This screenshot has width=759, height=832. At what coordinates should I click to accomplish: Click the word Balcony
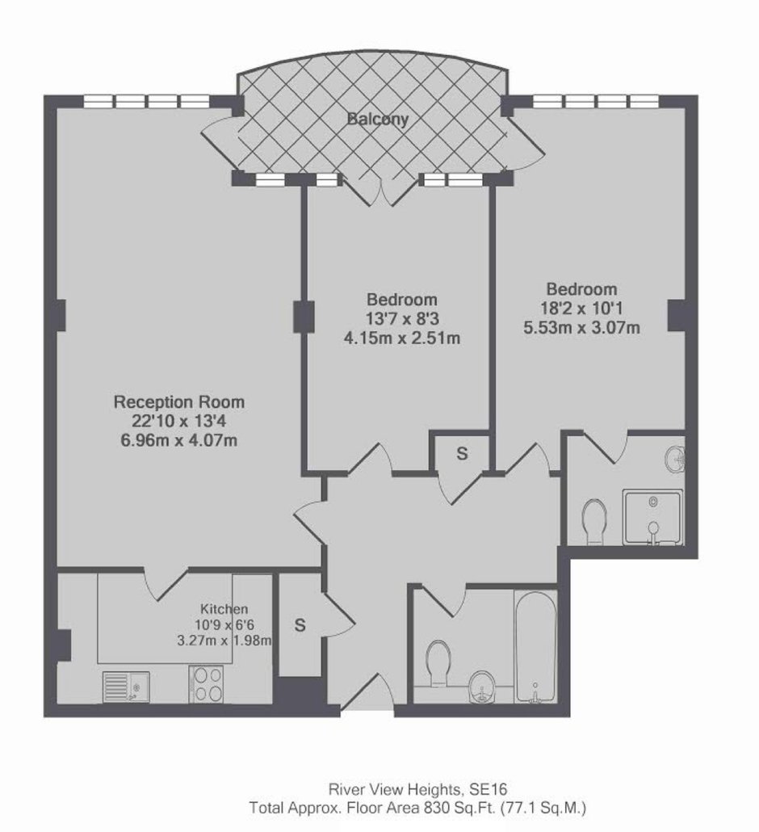click(x=378, y=119)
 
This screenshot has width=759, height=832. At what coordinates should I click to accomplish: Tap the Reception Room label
click(x=179, y=402)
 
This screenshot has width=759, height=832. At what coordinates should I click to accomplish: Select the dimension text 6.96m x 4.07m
click(x=179, y=440)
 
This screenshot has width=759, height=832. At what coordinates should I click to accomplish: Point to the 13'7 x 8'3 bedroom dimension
click(x=402, y=319)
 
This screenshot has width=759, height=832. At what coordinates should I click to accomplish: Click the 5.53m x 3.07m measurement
click(x=582, y=327)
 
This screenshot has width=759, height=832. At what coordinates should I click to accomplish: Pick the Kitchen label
click(x=224, y=609)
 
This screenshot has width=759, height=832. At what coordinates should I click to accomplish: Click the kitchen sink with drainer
click(x=126, y=687)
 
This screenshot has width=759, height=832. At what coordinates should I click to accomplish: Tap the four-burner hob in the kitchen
click(x=207, y=684)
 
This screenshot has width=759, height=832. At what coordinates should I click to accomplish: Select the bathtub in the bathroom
click(x=535, y=647)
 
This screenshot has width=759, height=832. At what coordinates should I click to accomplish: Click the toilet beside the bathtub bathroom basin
click(x=438, y=663)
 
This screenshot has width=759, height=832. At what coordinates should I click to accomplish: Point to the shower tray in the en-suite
click(x=653, y=517)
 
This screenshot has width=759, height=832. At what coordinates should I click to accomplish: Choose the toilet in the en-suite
click(x=594, y=521)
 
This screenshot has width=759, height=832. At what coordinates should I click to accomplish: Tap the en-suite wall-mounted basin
click(x=676, y=459)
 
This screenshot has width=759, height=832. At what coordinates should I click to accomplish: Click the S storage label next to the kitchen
click(x=300, y=625)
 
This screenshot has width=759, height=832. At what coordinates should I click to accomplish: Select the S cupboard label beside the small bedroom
click(x=463, y=454)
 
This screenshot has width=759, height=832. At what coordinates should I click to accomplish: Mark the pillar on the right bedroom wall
click(x=677, y=316)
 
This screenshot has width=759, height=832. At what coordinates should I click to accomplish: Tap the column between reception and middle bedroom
click(x=304, y=317)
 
